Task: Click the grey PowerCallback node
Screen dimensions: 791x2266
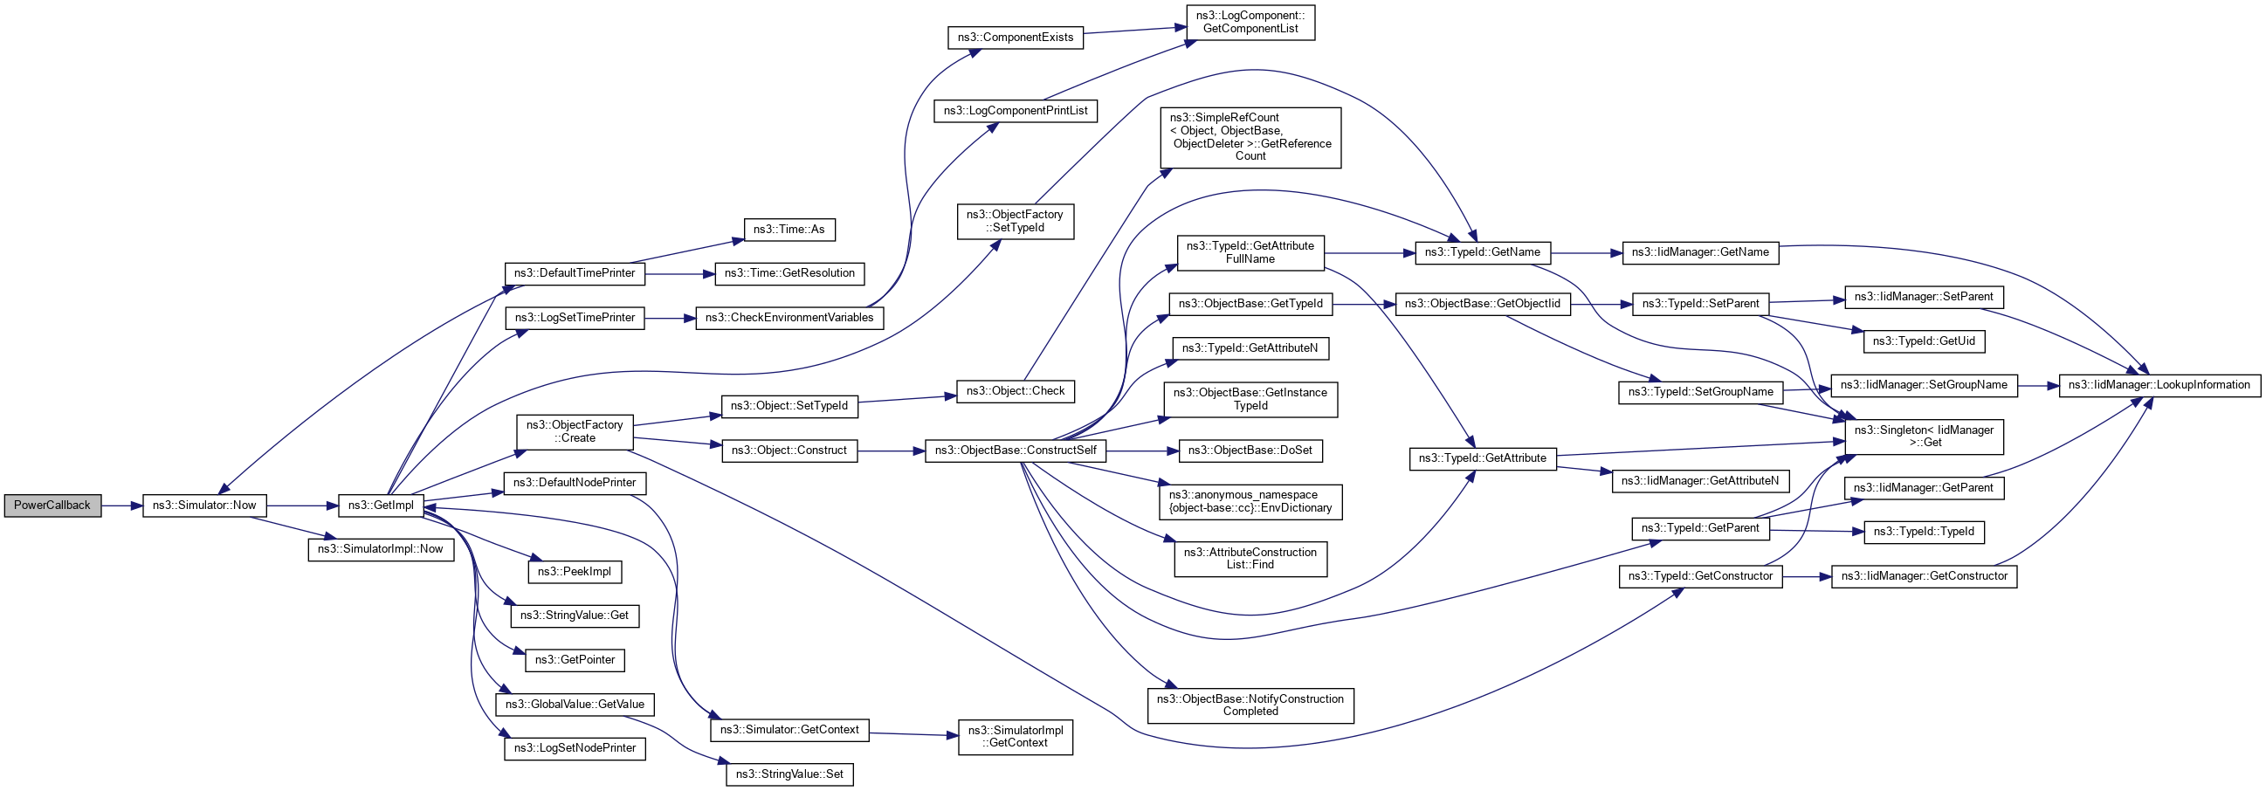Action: tap(52, 506)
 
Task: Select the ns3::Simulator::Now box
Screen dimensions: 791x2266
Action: tap(204, 506)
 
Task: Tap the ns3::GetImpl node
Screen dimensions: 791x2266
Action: tap(381, 506)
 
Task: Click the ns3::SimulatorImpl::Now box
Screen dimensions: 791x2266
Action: tap(380, 549)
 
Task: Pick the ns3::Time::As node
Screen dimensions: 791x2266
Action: tap(789, 230)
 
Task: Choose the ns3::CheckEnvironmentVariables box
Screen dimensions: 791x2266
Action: tap(789, 318)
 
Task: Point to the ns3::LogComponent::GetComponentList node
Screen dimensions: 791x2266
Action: tap(1250, 22)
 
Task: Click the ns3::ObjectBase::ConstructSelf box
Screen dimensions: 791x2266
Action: tap(1016, 451)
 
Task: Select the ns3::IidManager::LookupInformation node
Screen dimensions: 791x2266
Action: tap(2159, 385)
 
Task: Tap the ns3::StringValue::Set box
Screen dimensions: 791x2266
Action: tap(789, 774)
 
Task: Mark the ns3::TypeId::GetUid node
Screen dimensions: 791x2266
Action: tap(1924, 341)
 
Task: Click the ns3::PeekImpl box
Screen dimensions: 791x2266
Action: tap(575, 572)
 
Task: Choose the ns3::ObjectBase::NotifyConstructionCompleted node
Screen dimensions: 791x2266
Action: tap(1250, 705)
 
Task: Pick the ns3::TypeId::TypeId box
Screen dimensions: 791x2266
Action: tap(1924, 533)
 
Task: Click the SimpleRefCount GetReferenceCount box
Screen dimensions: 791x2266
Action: tap(1250, 137)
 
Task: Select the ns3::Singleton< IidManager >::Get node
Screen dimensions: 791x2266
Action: tap(1924, 437)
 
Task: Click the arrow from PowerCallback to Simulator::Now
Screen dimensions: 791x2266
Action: tap(121, 506)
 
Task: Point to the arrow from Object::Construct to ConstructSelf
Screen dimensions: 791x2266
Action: tap(890, 451)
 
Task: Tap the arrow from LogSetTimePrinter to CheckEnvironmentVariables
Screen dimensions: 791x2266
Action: tap(670, 318)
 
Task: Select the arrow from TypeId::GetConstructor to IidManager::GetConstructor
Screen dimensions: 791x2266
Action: tap(1806, 577)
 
